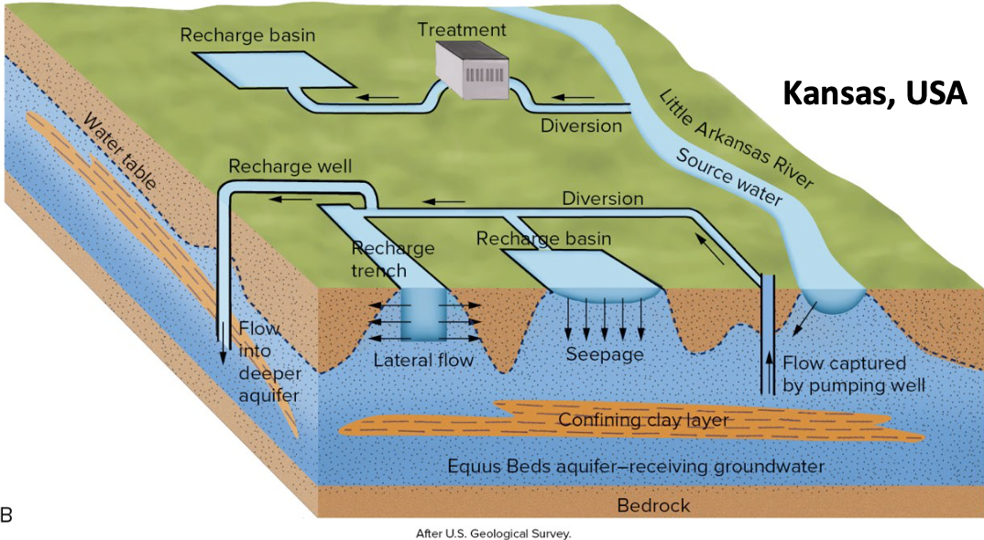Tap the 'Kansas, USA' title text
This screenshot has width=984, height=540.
(873, 93)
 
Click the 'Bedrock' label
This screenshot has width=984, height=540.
(652, 505)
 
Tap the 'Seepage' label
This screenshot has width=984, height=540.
(604, 354)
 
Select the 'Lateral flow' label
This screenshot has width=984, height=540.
(423, 360)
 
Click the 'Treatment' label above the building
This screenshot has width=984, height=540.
(462, 28)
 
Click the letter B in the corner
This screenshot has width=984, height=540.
(7, 516)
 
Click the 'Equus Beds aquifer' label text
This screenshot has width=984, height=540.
(636, 467)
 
